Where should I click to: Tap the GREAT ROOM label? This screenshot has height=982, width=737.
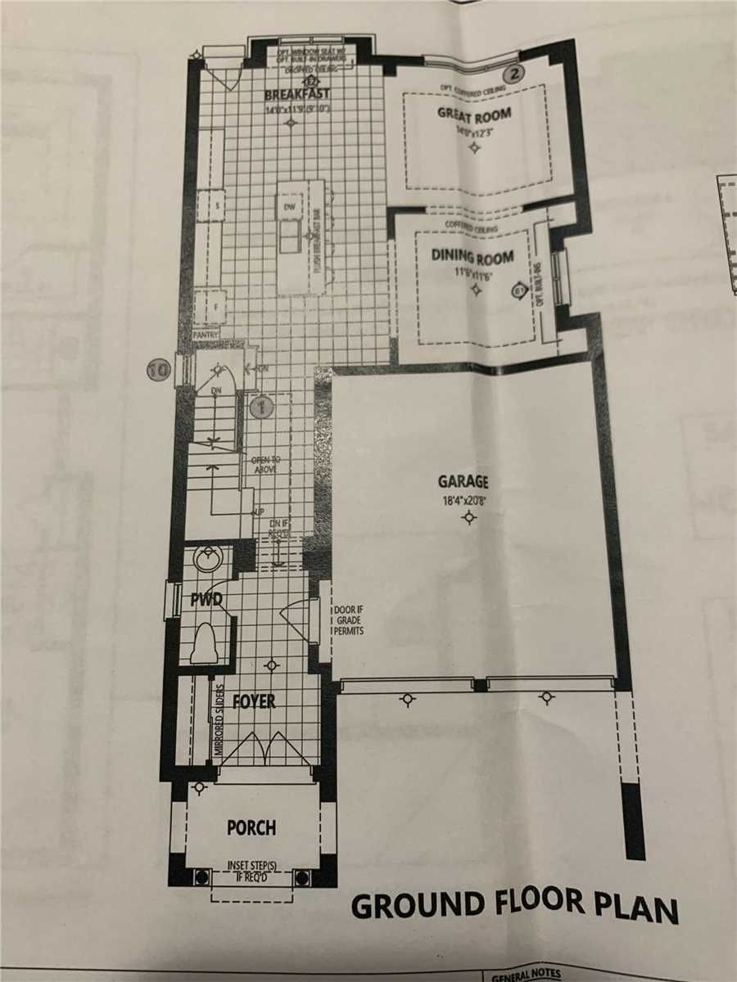click(x=474, y=114)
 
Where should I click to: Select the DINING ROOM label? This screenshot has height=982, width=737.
click(x=472, y=258)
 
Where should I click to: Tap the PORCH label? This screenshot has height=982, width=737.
click(x=251, y=827)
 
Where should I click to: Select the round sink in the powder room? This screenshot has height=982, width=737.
click(x=202, y=561)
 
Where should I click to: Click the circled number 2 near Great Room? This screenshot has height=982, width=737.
click(x=513, y=73)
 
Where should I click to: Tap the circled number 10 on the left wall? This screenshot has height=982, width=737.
click(x=157, y=370)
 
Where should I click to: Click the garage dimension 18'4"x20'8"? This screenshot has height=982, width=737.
click(x=468, y=498)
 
